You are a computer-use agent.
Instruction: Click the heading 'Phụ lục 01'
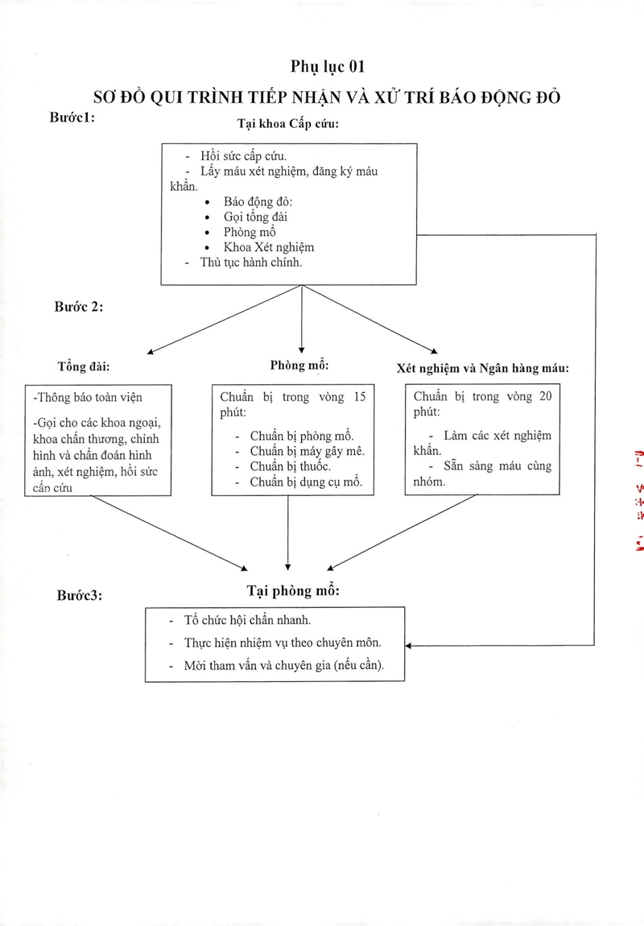coord(328,67)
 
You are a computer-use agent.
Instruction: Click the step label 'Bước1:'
coord(72,117)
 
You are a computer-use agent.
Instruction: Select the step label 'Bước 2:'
coord(79,307)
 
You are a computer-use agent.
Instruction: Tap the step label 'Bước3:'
coord(80,595)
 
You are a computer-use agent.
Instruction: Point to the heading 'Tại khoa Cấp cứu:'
coord(288,124)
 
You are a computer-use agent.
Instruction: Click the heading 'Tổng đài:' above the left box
coord(84,366)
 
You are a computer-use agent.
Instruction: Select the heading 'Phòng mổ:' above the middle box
coord(299,366)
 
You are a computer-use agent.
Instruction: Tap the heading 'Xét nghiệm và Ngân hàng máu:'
coord(483,369)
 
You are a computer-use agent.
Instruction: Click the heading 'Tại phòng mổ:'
coord(293,590)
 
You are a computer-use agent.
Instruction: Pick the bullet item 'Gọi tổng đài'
coord(256,217)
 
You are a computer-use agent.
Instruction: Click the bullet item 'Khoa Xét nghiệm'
coord(269,247)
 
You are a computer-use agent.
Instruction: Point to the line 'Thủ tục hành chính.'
coord(251,263)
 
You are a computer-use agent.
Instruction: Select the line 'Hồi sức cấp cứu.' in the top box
coord(243,156)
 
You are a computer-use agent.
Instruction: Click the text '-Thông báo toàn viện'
coord(88,398)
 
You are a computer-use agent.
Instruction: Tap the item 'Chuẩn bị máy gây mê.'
coord(308,451)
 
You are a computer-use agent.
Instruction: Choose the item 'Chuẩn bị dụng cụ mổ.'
coord(307,482)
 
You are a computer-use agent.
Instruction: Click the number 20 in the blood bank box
coord(546,396)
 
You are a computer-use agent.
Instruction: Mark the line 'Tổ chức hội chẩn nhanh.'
coord(248,620)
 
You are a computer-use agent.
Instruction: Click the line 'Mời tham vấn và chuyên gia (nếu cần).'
coord(284,666)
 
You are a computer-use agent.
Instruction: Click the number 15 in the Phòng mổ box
coord(360,397)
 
